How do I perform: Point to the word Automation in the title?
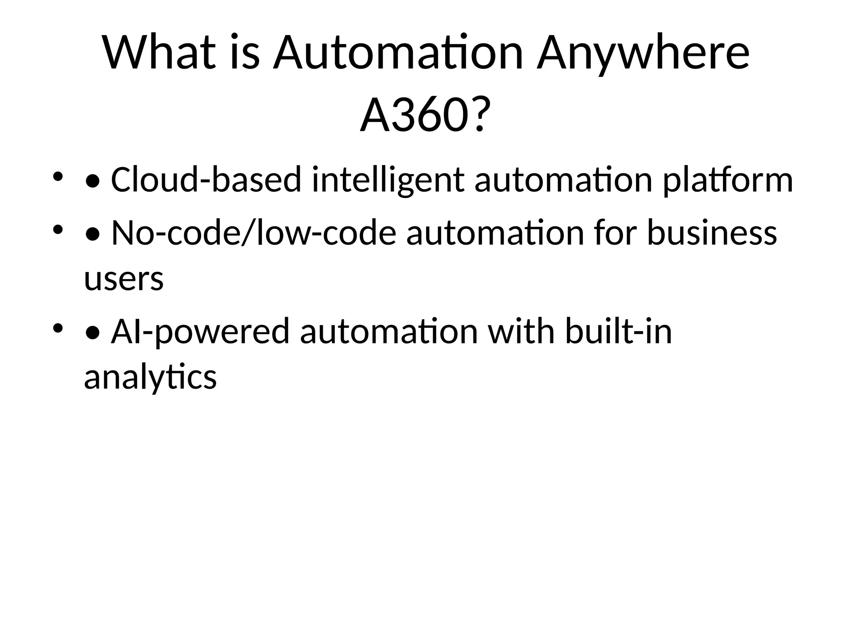[x=398, y=53]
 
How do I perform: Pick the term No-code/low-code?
[x=254, y=233]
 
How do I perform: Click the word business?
[x=712, y=233]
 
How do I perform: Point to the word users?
[x=124, y=279]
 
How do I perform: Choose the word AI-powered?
[x=200, y=332]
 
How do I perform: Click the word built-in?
[x=618, y=332]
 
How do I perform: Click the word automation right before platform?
[x=563, y=180]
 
